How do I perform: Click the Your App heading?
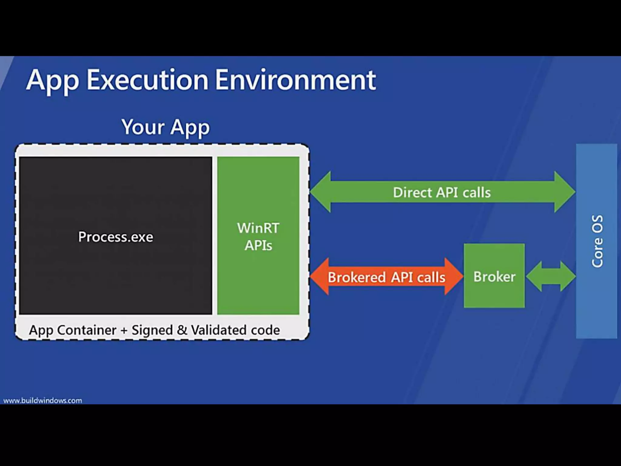coord(166,127)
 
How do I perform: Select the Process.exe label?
coord(116,237)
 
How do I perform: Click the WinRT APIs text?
coord(258,237)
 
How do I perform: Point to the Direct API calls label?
coord(442,192)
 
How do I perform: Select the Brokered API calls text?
coord(387,277)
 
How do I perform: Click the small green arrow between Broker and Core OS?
coord(551,276)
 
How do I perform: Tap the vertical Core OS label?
coord(597,241)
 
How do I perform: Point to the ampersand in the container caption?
coord(182,330)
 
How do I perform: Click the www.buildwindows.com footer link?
coord(43,400)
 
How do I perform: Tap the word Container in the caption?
coord(86,330)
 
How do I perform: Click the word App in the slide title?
coord(52,81)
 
